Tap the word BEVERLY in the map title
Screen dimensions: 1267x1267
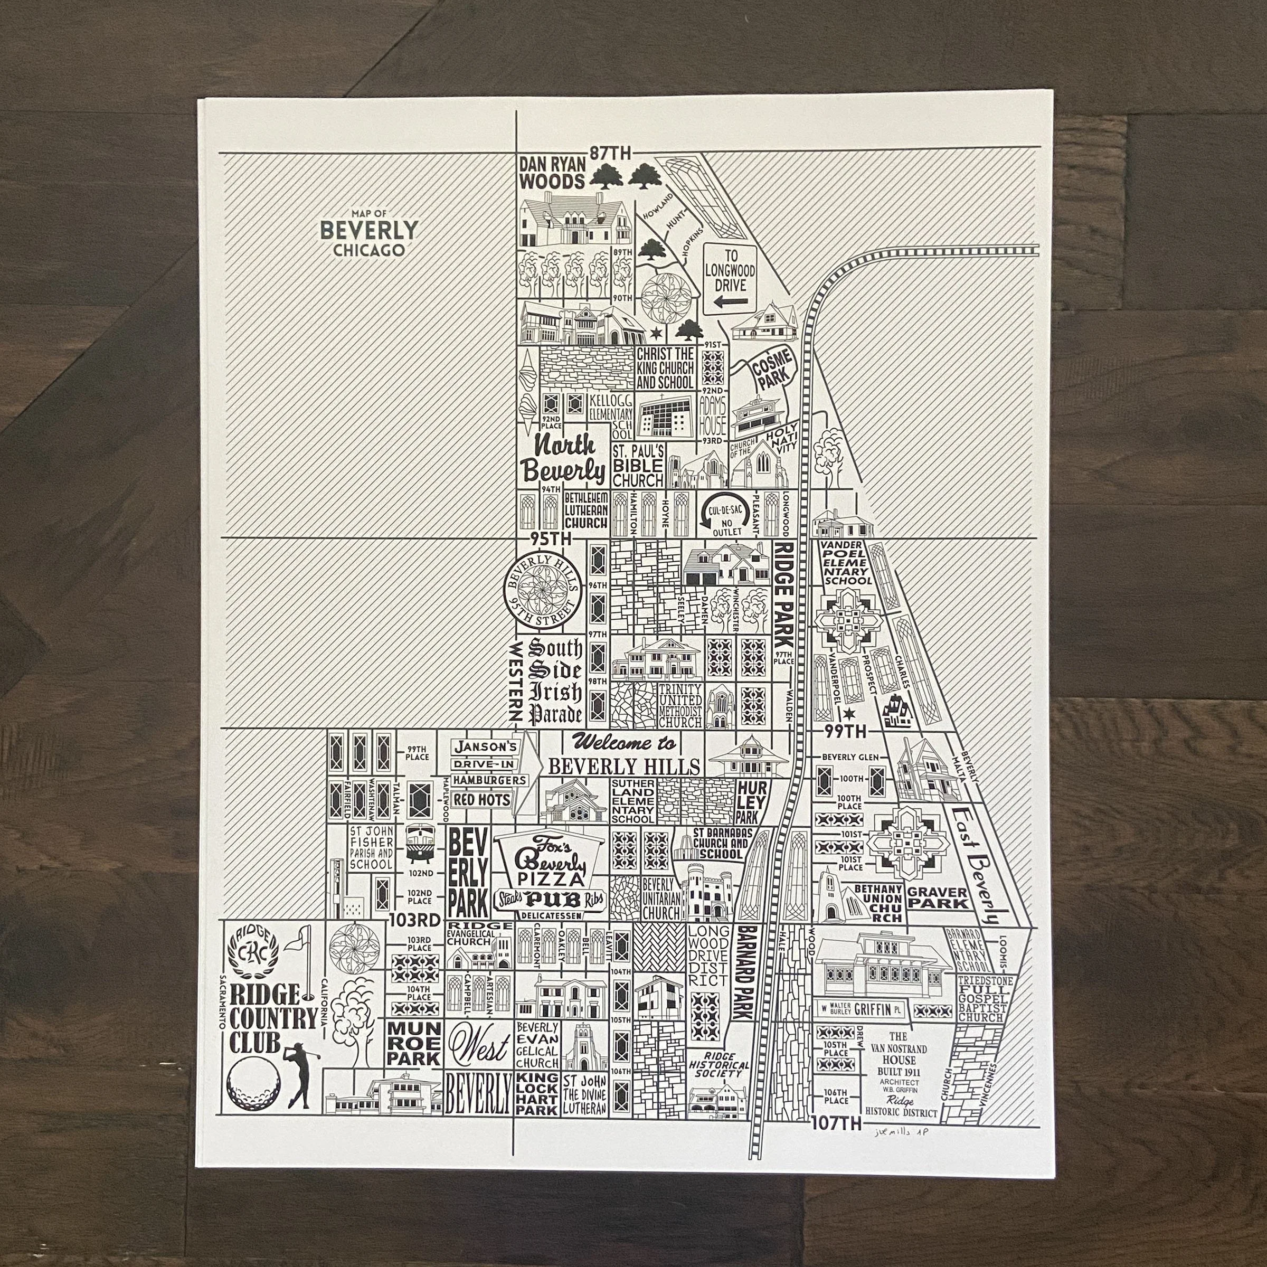click(x=368, y=230)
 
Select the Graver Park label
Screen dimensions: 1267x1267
click(x=937, y=898)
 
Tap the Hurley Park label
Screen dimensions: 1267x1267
click(x=747, y=801)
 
